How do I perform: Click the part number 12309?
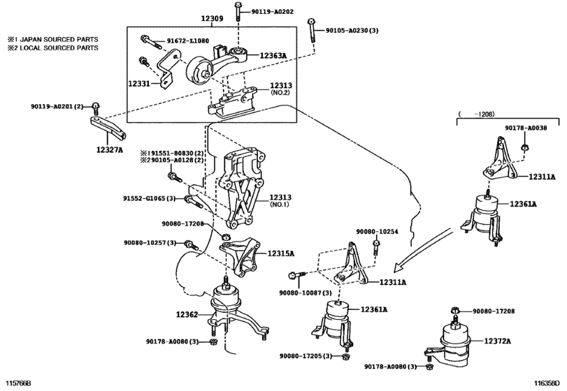pos(212,18)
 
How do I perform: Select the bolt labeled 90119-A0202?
pos(238,11)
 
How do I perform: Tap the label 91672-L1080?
pos(187,40)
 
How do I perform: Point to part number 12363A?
pos(273,56)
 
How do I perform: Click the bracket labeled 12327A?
pos(108,129)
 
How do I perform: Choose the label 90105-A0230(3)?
pos(352,31)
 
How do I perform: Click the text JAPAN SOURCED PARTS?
pos(59,39)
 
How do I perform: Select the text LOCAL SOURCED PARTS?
pos(59,47)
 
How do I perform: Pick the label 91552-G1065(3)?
pos(150,198)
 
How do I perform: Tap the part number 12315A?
pos(281,253)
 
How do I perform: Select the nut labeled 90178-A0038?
pos(524,147)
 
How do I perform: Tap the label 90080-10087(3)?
pos(306,293)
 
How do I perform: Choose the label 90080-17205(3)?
pos(306,356)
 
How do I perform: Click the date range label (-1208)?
pos(476,115)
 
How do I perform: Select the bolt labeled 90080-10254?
pos(376,248)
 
